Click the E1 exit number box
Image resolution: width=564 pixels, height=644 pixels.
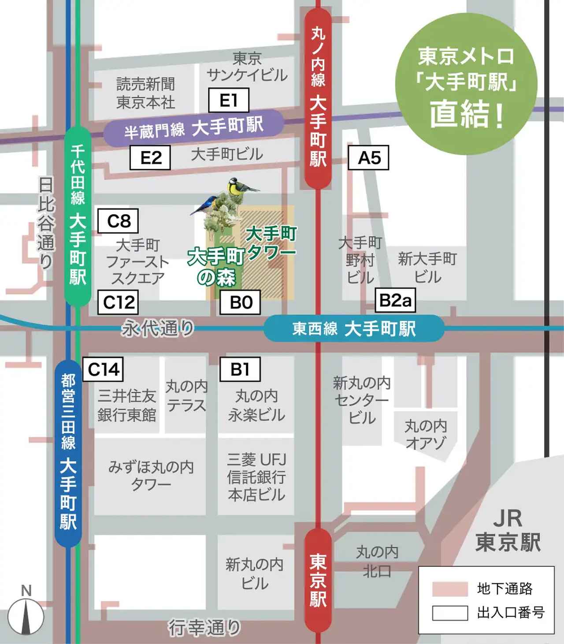[229, 100]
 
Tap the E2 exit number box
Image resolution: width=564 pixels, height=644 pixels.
[150, 157]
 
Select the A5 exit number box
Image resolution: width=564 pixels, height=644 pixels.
[369, 157]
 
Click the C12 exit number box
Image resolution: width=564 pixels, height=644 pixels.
[118, 302]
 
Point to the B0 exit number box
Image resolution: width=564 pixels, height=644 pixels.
[241, 302]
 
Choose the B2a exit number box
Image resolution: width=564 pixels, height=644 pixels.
[395, 301]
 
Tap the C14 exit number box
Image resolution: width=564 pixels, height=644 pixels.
[103, 369]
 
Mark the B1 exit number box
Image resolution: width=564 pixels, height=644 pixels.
[240, 369]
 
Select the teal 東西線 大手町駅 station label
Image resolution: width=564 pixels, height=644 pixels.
[354, 329]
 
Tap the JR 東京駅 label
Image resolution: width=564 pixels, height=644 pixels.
[508, 531]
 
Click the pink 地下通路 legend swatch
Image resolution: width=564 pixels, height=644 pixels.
[450, 589]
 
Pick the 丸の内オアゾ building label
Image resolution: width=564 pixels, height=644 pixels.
[426, 435]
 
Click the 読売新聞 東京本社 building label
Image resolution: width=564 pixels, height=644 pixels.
[145, 93]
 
